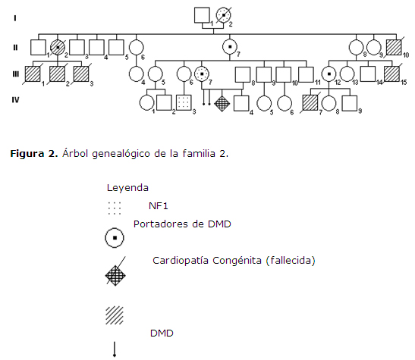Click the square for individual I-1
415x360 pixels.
202,15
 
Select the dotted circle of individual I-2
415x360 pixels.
224,15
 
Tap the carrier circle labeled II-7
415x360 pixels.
230,47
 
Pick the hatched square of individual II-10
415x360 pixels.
394,47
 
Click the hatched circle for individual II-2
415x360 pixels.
58,47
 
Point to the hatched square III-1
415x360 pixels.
33,74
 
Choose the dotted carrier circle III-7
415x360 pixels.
202,74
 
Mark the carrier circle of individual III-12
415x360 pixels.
329,74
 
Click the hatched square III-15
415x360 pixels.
391,74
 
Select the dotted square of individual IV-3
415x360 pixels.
184,102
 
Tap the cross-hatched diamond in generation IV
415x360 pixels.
222,103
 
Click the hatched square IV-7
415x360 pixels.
310,103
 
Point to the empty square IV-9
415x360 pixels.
350,103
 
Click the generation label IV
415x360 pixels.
15,100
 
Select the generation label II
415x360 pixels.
15,48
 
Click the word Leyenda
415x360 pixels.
127,188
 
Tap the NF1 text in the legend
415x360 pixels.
159,206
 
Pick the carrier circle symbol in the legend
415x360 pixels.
115,238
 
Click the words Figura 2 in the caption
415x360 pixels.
34,154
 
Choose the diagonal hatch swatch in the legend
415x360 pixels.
115,315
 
